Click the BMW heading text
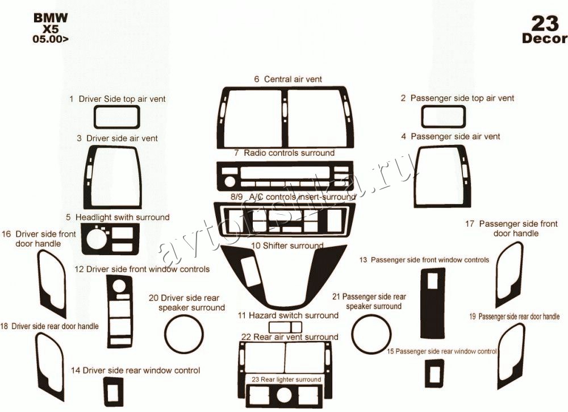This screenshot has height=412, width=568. click(x=51, y=18)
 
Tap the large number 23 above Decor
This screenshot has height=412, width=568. click(x=545, y=23)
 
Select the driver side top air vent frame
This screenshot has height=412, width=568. click(x=116, y=107)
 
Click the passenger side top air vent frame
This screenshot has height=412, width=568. click(x=444, y=107)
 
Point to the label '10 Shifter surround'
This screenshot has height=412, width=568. click(x=287, y=245)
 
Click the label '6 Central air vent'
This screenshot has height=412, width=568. click(x=288, y=79)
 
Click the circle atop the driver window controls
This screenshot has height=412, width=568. click(x=118, y=285)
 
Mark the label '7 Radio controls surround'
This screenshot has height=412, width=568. click(x=285, y=153)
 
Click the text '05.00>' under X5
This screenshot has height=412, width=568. click(x=50, y=39)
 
